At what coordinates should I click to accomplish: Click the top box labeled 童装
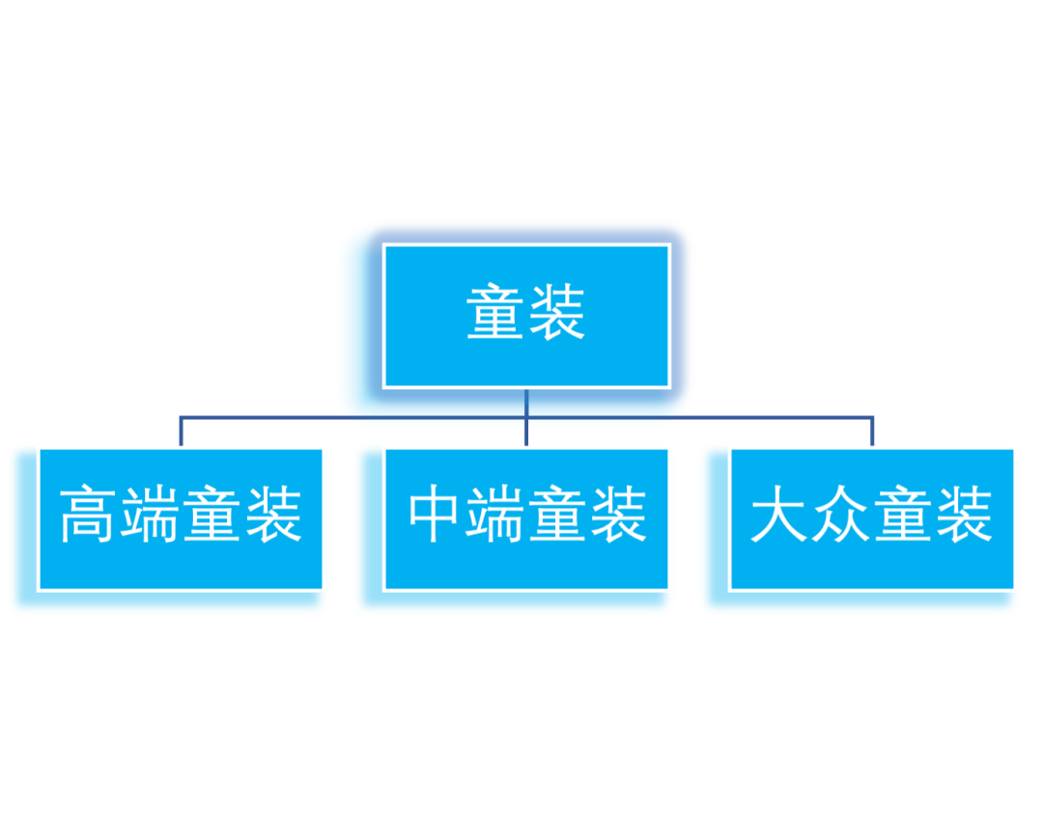526,316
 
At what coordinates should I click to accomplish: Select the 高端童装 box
181,518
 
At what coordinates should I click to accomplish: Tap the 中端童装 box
526,518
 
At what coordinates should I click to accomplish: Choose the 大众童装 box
872,518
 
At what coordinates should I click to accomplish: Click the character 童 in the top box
496,312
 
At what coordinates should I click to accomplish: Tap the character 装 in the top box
556,312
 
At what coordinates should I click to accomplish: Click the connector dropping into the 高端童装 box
181,431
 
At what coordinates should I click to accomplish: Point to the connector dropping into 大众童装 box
872,431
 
